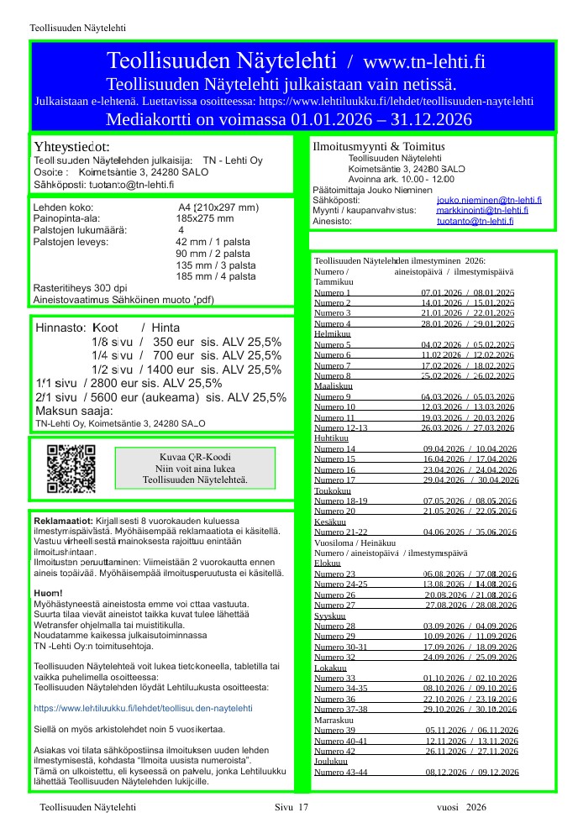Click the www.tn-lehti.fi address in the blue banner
(424, 61)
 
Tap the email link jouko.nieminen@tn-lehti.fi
(489, 200)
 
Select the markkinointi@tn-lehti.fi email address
(482, 210)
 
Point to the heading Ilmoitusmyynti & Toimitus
(378, 147)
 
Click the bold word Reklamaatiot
(62, 522)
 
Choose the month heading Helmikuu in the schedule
(332, 333)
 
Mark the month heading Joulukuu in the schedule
(331, 761)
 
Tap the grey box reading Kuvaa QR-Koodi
(195, 469)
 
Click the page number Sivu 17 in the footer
(292, 806)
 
